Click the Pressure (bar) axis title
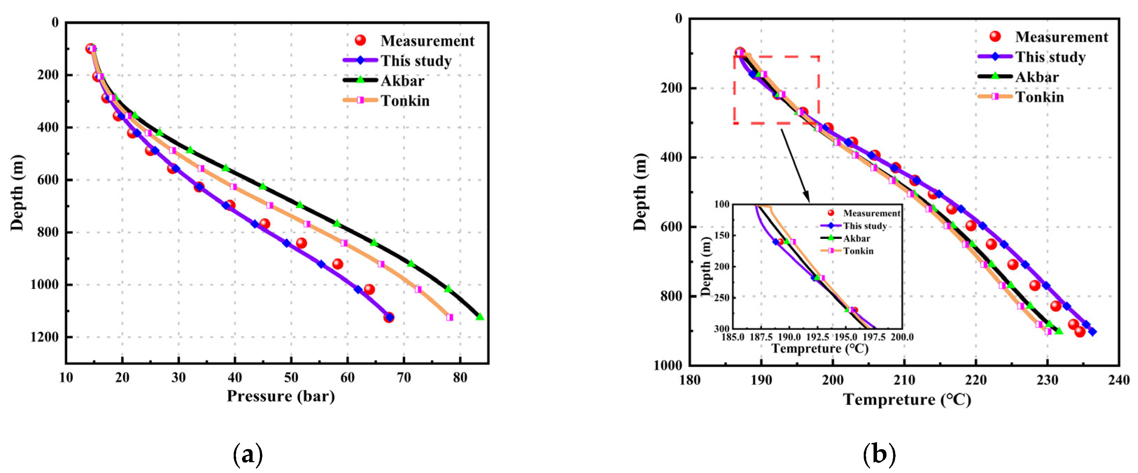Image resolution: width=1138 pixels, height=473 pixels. point(281,396)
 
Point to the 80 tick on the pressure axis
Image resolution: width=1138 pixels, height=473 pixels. point(460,378)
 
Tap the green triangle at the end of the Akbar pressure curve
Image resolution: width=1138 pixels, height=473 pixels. point(480,317)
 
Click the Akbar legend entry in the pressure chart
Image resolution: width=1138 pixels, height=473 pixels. point(402,81)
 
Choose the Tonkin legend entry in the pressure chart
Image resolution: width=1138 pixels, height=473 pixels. point(405,101)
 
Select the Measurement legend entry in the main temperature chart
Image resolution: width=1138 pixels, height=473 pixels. point(1061,37)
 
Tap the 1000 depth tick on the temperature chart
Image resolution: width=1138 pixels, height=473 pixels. point(667,366)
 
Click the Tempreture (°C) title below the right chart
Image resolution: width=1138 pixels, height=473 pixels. point(907,400)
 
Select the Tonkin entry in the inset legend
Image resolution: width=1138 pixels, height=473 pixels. point(858,251)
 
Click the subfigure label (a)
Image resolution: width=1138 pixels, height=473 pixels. point(247,454)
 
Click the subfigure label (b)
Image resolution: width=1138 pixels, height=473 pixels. point(879,454)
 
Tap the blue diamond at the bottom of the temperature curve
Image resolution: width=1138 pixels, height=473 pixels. point(1092,332)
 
